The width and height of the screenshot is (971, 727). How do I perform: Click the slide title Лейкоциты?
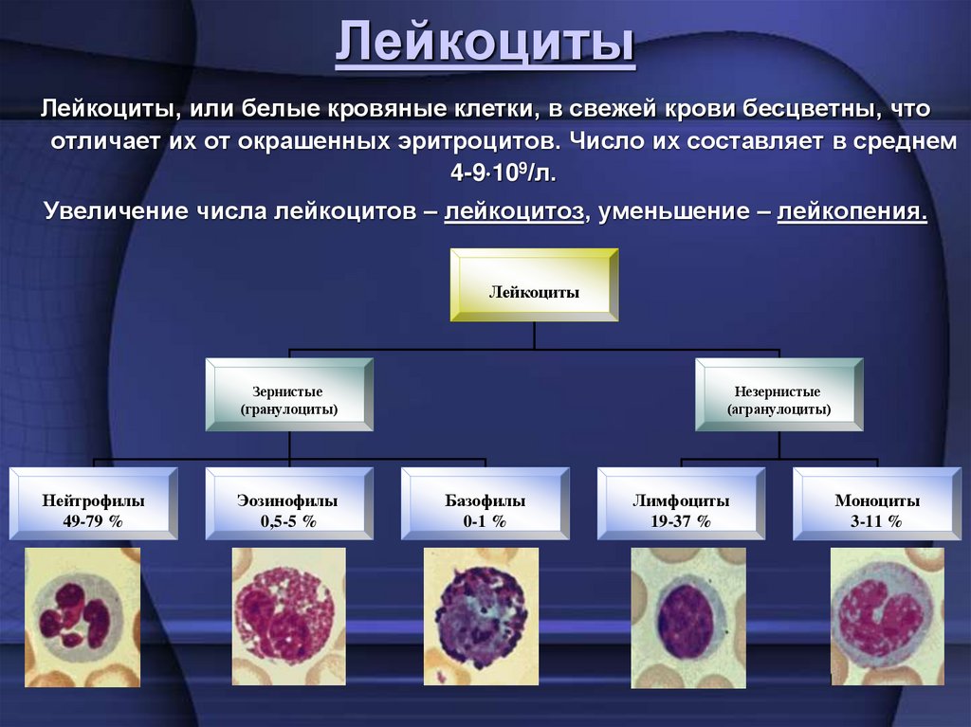485,45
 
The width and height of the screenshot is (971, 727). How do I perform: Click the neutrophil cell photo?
82,616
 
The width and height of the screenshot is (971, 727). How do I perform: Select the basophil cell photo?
482,616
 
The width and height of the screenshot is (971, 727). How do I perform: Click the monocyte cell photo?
888,616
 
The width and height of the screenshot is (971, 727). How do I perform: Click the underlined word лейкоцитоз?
512,210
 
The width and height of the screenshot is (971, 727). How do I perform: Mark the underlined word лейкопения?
851,210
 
